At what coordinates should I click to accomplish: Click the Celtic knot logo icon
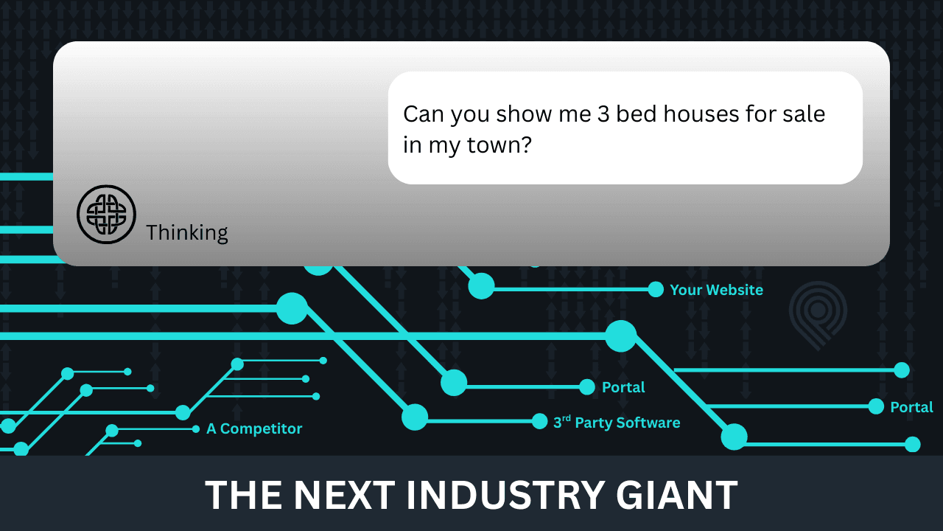106,215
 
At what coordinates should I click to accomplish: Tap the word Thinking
187,233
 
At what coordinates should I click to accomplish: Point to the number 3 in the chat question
603,114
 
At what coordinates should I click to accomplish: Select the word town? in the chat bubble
499,145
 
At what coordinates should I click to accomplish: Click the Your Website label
716,290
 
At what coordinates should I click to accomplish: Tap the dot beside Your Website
656,290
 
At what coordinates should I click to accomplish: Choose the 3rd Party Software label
617,423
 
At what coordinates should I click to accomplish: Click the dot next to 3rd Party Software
539,421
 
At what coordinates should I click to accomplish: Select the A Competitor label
254,429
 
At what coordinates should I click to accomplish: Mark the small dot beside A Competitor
196,429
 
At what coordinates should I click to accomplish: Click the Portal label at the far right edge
911,407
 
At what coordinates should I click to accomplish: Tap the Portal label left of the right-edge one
623,387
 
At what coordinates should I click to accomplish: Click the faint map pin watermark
818,315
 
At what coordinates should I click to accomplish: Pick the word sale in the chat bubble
804,114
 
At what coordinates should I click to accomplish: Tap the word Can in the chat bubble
424,114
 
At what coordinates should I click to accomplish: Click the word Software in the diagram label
649,423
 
